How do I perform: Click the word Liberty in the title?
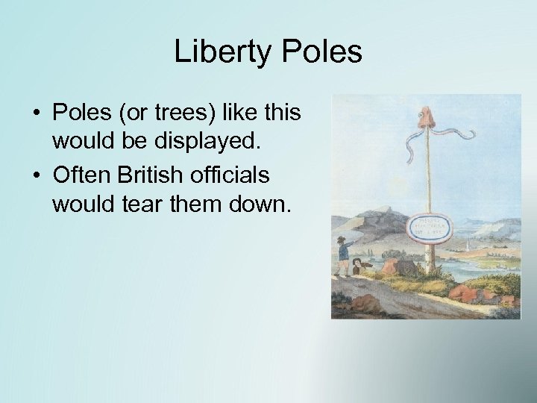(219, 53)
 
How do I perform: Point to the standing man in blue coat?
(344, 258)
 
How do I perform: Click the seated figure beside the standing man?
(360, 267)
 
